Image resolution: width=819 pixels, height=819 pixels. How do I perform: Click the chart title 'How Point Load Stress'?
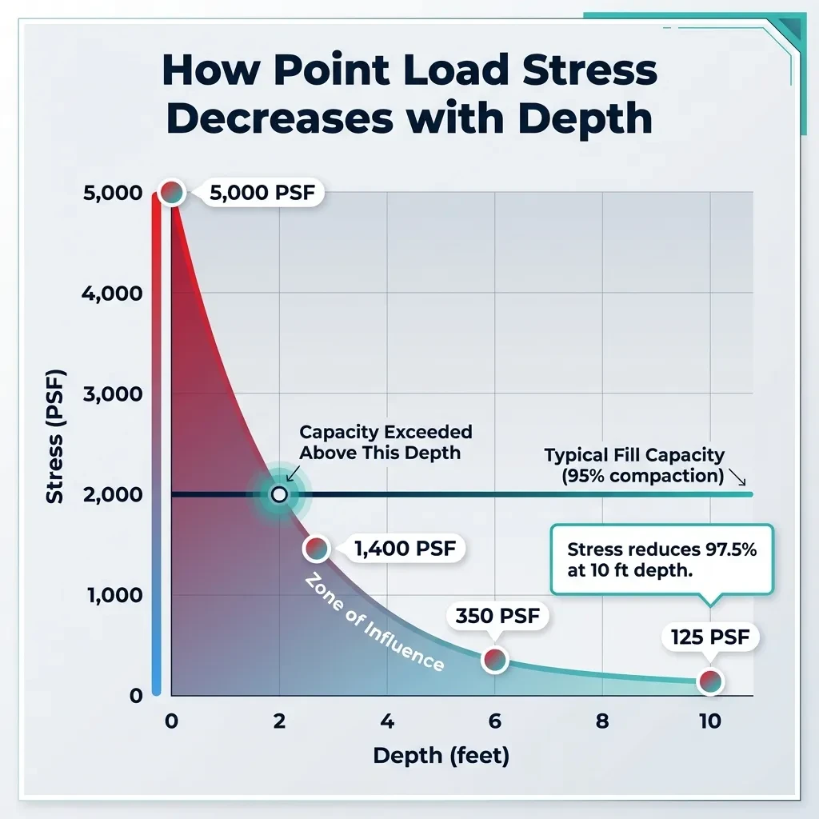409,71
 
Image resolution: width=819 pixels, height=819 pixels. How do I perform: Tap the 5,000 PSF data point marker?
172,192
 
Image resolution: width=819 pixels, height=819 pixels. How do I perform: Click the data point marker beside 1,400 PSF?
317,549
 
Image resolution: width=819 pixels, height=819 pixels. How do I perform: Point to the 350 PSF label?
497,616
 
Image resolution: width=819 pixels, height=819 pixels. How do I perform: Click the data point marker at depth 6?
494,659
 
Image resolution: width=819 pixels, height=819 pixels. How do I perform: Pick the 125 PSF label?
710,637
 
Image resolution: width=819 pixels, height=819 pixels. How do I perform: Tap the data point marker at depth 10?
709,681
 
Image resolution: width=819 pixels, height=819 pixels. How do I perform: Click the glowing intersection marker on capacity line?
278,494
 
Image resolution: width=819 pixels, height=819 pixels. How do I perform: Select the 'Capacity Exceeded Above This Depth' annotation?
386,441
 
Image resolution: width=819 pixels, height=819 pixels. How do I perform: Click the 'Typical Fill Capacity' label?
634,455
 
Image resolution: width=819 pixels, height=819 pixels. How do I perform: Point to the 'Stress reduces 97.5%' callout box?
661,560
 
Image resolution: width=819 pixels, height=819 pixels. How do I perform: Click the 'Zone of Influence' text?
374,623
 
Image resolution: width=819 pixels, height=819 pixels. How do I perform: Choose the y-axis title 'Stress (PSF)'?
54,435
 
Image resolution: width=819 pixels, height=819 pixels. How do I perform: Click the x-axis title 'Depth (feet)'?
441,756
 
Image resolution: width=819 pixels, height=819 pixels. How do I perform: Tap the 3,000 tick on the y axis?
112,394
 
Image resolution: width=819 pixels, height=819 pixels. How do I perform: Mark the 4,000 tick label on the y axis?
112,294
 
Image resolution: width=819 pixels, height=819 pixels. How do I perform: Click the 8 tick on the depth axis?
602,721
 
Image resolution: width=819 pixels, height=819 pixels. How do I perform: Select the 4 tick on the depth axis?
387,721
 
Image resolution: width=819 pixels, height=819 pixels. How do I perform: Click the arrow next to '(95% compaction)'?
737,479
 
